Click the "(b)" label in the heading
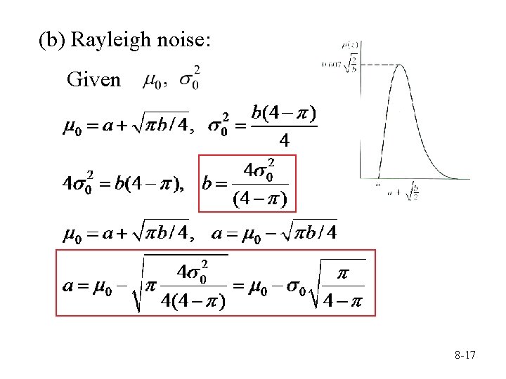click(x=51, y=41)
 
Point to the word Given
click(x=93, y=79)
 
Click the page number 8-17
click(x=465, y=356)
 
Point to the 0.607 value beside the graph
click(x=346, y=65)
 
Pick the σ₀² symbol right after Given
click(x=188, y=79)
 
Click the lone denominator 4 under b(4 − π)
click(x=284, y=140)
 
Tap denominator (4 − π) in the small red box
click(x=259, y=200)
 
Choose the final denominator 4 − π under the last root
click(x=344, y=303)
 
